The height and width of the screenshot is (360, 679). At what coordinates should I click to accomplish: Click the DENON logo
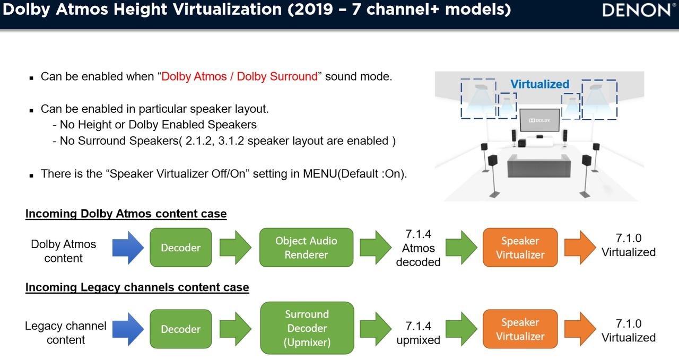(x=636, y=10)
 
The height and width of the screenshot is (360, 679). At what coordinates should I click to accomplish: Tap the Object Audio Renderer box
(x=306, y=248)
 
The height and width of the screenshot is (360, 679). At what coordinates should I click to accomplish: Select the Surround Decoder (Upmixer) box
(x=307, y=328)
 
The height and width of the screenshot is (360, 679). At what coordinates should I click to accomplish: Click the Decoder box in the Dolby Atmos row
(x=181, y=248)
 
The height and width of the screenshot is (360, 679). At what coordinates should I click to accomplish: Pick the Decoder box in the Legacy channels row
(x=181, y=329)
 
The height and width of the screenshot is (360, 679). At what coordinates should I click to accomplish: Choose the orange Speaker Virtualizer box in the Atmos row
(x=520, y=248)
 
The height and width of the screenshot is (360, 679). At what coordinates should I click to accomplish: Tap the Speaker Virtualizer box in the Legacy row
(x=520, y=329)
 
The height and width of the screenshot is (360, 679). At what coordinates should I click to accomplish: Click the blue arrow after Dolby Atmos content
(x=128, y=248)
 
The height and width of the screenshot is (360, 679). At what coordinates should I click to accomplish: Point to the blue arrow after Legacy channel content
(x=128, y=329)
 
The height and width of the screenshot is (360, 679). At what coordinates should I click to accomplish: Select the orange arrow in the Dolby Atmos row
(x=579, y=248)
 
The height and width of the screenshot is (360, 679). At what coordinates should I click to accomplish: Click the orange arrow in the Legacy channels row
(x=579, y=329)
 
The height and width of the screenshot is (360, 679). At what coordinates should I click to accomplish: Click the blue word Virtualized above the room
(x=539, y=84)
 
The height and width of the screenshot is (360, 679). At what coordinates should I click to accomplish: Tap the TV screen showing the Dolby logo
(x=539, y=120)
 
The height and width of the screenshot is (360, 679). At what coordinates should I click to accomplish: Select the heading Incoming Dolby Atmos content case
(x=126, y=214)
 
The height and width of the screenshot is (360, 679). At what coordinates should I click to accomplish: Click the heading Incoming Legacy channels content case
(x=137, y=287)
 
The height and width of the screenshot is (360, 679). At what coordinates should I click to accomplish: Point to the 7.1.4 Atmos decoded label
(x=418, y=248)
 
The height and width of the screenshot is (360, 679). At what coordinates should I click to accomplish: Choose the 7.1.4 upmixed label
(x=418, y=333)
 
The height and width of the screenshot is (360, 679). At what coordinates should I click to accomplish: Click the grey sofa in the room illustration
(x=539, y=165)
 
